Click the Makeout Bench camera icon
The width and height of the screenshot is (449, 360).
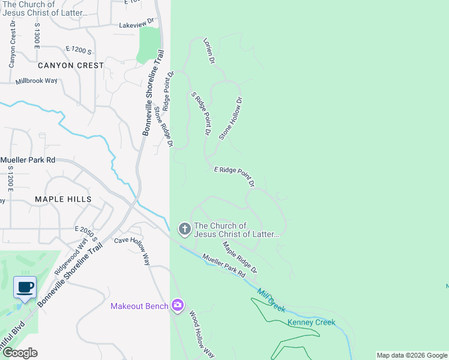point(177,306)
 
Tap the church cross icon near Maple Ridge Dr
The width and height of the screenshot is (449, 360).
point(184,229)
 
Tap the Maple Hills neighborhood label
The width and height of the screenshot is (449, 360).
point(63,199)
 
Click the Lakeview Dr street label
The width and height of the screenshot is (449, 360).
point(137,25)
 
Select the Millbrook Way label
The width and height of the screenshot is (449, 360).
point(37,80)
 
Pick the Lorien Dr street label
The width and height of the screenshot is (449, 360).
point(208,52)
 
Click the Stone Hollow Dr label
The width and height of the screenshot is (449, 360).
point(231,119)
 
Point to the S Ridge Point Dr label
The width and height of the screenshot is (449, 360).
point(202,113)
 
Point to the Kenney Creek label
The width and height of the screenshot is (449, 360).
point(311,322)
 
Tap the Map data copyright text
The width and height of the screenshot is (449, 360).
point(412,355)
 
